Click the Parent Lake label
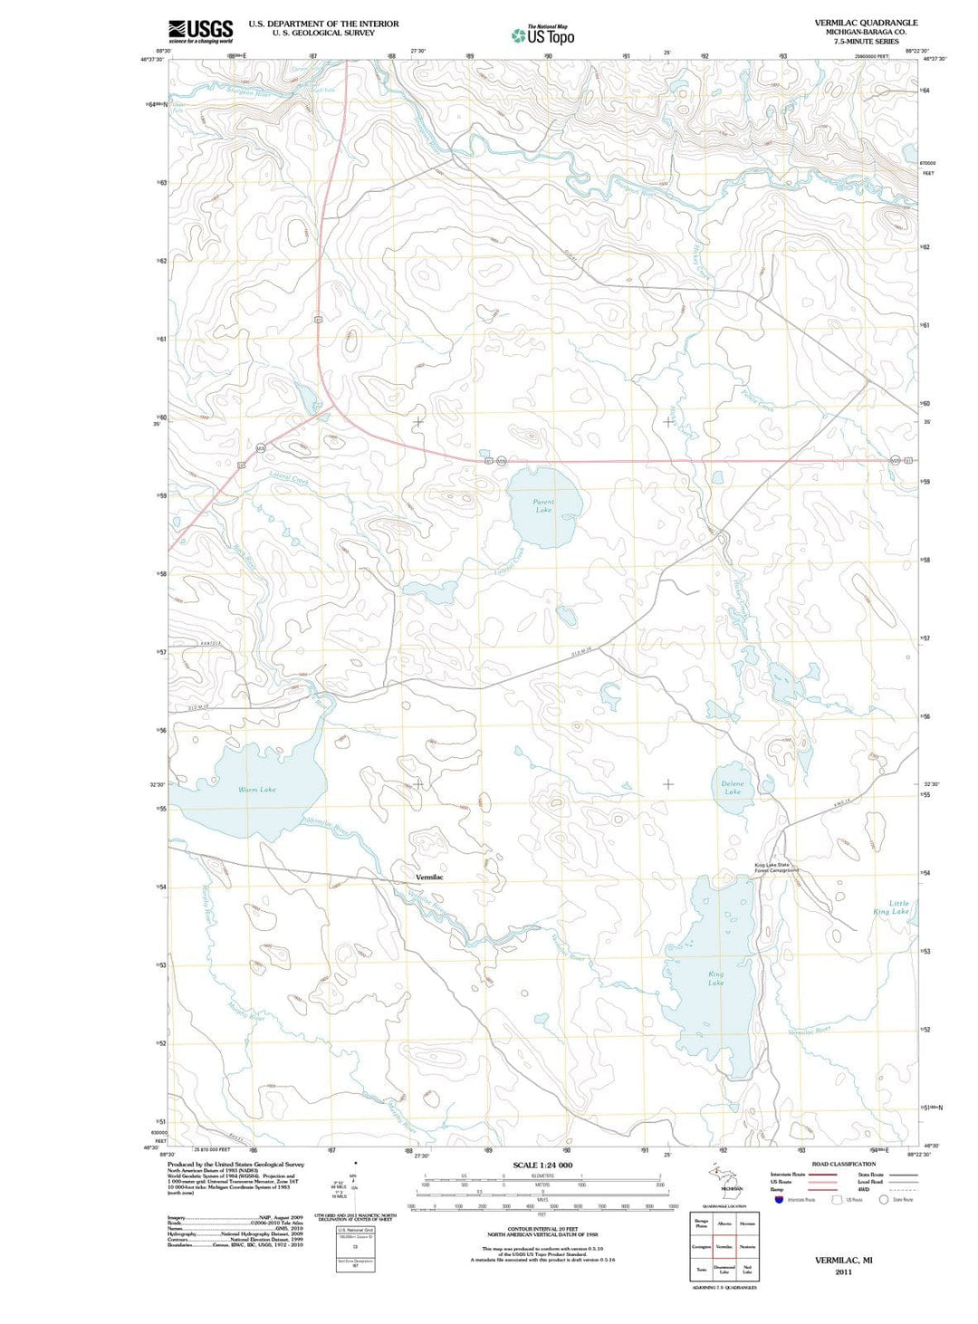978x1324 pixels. pos(543,505)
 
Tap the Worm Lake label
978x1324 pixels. pos(257,790)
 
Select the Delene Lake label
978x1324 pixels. pos(733,788)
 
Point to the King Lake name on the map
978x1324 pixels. pos(716,978)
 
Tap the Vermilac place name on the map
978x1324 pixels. pos(430,878)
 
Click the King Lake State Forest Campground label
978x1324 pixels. pos(777,868)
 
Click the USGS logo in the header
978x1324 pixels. pos(200,31)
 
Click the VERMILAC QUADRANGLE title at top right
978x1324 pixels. pos(866,23)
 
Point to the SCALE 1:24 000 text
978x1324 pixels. pos(542,1166)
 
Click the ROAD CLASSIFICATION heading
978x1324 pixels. pos(843,1164)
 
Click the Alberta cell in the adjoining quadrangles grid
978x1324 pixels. pos(724,1223)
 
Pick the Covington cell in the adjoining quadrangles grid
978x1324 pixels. pos(702,1247)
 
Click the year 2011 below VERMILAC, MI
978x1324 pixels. pos(843,1271)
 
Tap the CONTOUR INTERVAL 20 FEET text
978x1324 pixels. pos(542,1229)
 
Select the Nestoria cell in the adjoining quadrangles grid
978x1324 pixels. pos(747,1247)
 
